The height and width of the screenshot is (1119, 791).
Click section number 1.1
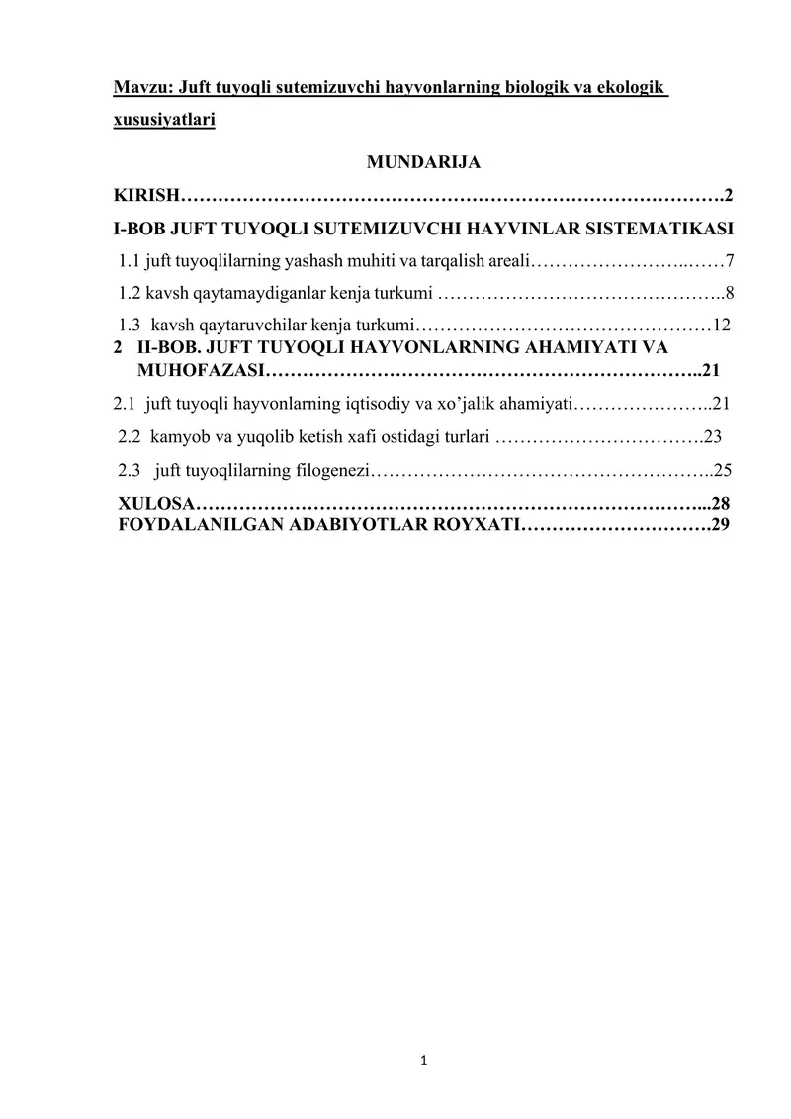coord(130,262)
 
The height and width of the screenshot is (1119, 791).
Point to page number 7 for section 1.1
coord(729,262)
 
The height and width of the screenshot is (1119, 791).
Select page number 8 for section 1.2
coord(729,293)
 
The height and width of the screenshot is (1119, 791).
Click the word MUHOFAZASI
coord(202,371)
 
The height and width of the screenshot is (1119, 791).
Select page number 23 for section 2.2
coord(713,435)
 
